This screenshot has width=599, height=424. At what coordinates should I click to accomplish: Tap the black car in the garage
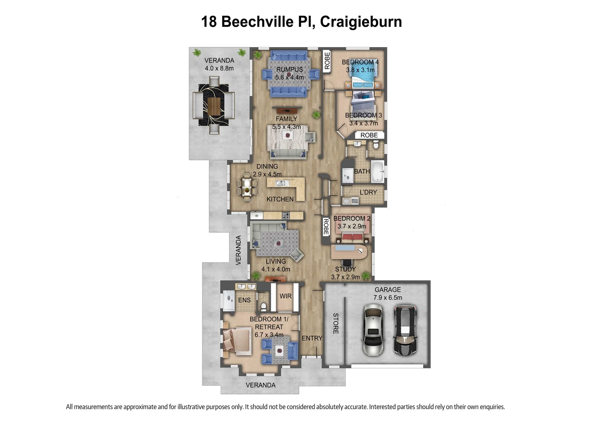(405, 330)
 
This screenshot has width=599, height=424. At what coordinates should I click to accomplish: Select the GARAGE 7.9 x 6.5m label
(387, 294)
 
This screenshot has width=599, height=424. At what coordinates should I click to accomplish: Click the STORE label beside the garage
(335, 323)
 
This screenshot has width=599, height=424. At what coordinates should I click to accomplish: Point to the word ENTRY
(312, 338)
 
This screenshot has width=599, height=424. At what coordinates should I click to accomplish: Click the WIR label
(286, 296)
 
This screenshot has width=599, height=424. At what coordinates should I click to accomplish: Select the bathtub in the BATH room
(377, 171)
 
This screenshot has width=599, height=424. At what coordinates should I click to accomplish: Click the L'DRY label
(368, 192)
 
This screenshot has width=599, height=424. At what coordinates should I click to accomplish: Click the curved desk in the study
(349, 252)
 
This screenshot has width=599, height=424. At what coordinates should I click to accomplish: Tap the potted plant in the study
(366, 275)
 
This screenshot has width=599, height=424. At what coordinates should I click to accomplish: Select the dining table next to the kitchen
(247, 187)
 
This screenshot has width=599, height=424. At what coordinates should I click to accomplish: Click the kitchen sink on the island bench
(281, 183)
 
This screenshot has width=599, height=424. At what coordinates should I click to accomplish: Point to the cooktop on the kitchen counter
(286, 215)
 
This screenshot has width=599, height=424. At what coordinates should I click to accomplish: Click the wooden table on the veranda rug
(214, 106)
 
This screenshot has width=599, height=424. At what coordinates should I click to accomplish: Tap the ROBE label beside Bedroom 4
(327, 61)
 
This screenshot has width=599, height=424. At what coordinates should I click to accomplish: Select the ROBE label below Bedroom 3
(369, 135)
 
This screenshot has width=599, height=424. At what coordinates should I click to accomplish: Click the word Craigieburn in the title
(361, 22)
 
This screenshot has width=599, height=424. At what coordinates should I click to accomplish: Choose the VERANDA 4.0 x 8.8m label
(219, 64)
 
